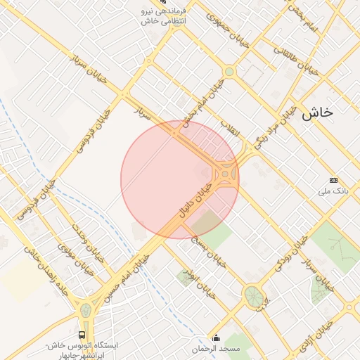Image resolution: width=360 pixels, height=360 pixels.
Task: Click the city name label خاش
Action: (317, 112)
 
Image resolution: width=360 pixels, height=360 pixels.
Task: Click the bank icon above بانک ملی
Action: (333, 180)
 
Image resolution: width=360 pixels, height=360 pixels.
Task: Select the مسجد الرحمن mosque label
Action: (215, 349)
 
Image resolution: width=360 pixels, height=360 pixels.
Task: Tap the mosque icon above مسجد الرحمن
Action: (215, 337)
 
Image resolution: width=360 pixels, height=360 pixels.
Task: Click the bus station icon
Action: (82, 335)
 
